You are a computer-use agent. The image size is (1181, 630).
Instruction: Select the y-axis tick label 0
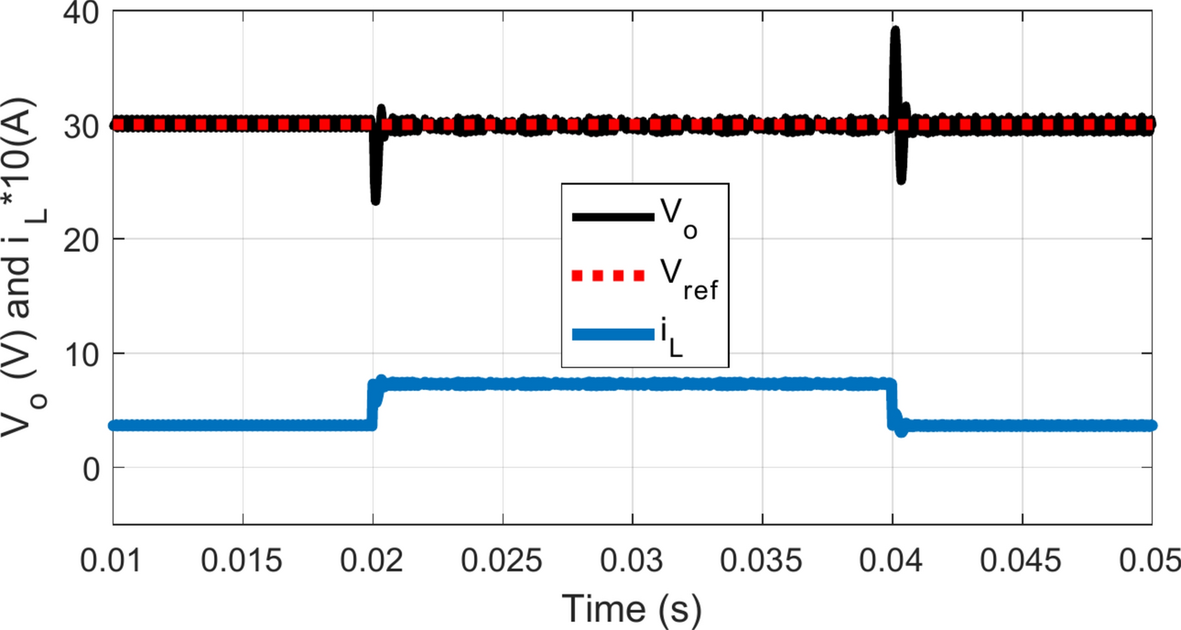pyautogui.click(x=91, y=468)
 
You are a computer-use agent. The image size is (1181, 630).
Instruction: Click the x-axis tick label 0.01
pyautogui.click(x=113, y=558)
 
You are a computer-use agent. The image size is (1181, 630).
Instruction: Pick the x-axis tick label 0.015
pyautogui.click(x=243, y=558)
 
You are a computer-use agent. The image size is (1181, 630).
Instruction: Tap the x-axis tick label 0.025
pyautogui.click(x=503, y=558)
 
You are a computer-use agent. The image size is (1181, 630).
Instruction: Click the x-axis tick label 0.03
pyautogui.click(x=632, y=558)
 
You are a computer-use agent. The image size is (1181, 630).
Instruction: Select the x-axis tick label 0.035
pyautogui.click(x=763, y=558)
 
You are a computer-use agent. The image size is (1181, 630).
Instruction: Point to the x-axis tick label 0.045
pyautogui.click(x=1022, y=558)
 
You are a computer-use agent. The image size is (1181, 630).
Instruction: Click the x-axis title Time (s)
pyautogui.click(x=632, y=608)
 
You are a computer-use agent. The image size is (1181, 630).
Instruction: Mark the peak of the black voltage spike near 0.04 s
pyautogui.click(x=895, y=30)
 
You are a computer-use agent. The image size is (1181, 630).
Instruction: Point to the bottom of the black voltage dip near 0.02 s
pyautogui.click(x=375, y=201)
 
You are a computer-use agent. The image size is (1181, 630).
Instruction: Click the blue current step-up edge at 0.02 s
pyautogui.click(x=372, y=403)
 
